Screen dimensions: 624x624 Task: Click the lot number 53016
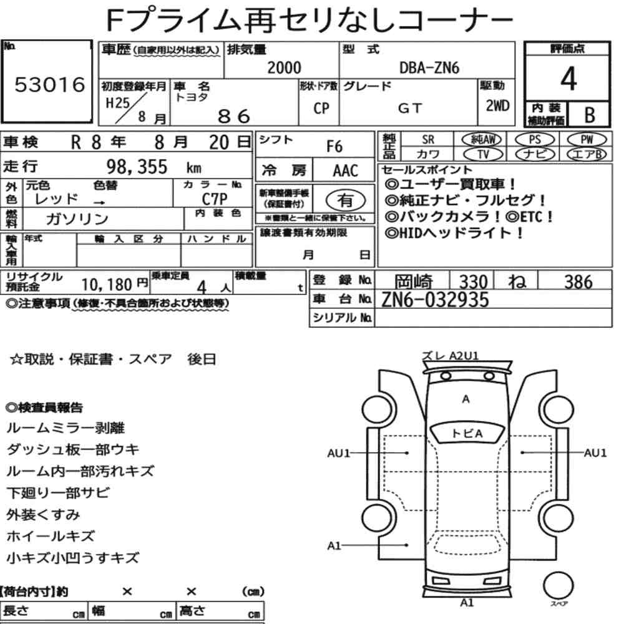click(x=50, y=84)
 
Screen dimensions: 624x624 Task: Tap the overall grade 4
click(x=568, y=79)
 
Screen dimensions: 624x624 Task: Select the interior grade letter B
click(x=590, y=115)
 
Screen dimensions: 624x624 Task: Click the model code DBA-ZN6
click(x=429, y=68)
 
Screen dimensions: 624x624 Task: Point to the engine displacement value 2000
click(x=284, y=67)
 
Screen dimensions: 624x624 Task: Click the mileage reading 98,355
click(x=137, y=167)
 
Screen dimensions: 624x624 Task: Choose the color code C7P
click(x=215, y=198)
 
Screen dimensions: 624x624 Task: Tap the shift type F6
click(x=334, y=147)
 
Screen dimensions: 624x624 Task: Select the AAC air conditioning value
click(x=346, y=171)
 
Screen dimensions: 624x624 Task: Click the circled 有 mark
click(x=346, y=200)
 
